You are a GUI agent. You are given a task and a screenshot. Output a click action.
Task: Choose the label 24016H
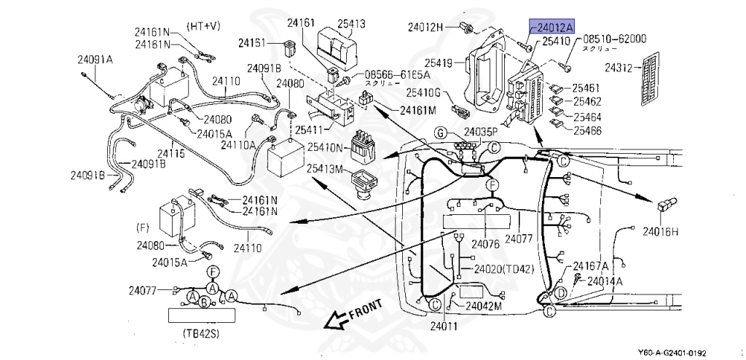pyautogui.click(x=659, y=231)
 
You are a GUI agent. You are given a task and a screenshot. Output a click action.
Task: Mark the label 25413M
pyautogui.click(x=324, y=169)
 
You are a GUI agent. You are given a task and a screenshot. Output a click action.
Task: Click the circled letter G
pyautogui.click(x=440, y=132)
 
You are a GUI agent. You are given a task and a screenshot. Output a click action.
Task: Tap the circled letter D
pyautogui.click(x=561, y=293)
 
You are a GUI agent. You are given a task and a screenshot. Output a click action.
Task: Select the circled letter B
pyautogui.click(x=205, y=302)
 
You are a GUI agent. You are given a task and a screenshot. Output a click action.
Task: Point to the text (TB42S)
pyautogui.click(x=202, y=334)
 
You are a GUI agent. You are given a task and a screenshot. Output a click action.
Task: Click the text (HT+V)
pyautogui.click(x=203, y=26)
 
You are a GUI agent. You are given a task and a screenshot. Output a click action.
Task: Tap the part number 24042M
pyautogui.click(x=484, y=306)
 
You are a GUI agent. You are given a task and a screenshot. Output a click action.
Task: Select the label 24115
pyautogui.click(x=172, y=154)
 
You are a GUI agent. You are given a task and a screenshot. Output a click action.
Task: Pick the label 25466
pyautogui.click(x=586, y=131)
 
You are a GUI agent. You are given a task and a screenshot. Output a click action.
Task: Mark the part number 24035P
pyautogui.click(x=480, y=132)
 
